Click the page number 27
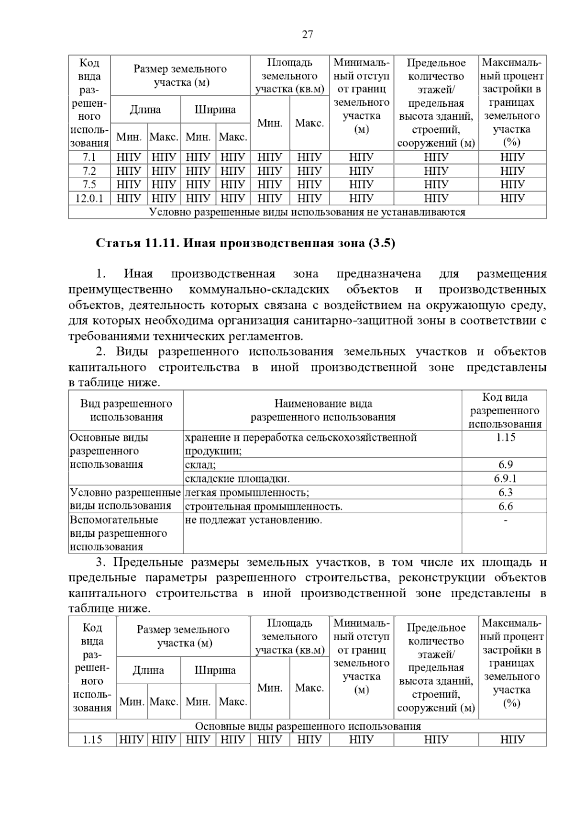(307, 34)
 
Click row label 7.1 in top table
(89, 157)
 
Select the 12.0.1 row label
(89, 198)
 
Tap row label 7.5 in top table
(89, 184)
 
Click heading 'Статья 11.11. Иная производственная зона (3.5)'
(245, 243)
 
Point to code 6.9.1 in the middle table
(505, 478)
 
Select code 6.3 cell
(505, 492)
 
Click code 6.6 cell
(505, 506)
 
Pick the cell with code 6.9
(505, 464)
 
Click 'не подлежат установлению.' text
(254, 520)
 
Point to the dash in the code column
(506, 519)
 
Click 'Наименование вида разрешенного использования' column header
(323, 410)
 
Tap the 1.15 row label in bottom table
(92, 740)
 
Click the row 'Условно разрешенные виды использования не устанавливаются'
(307, 212)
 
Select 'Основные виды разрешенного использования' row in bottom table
(308, 726)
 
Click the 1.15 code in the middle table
(505, 437)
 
